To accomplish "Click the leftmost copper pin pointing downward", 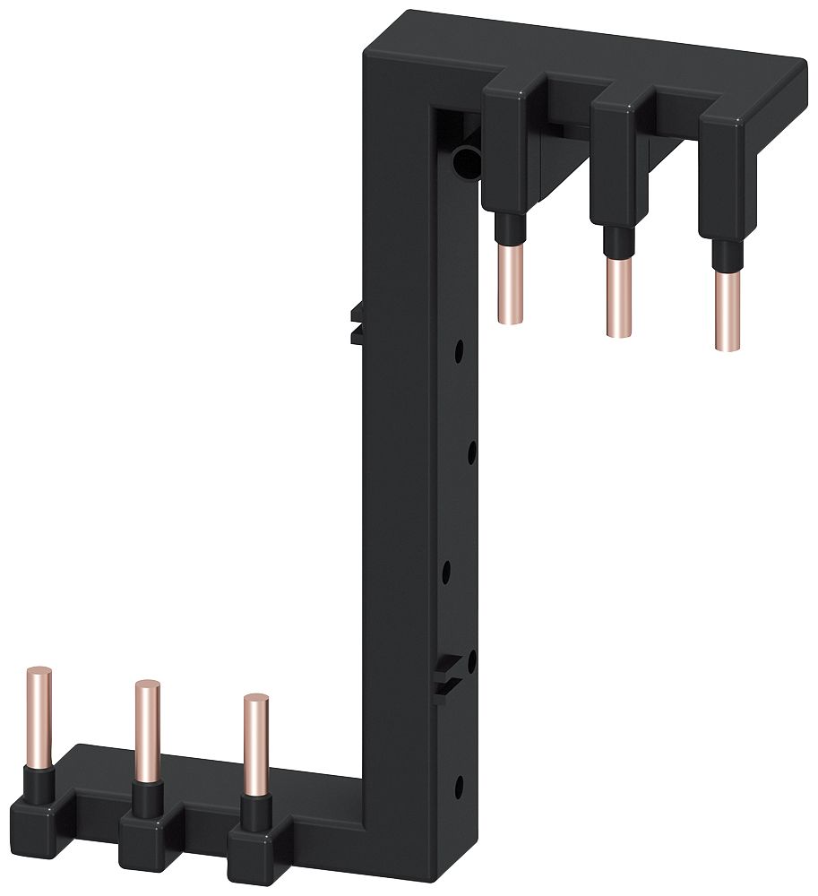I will (508, 281).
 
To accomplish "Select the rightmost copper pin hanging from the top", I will (728, 309).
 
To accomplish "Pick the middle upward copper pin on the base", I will (147, 729).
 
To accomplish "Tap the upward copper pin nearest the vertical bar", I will (255, 744).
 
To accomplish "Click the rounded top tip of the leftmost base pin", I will (39, 672).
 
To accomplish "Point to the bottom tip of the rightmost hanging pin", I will (728, 346).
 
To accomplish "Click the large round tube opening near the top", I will (466, 162).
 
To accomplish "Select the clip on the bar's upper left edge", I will (355, 322).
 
